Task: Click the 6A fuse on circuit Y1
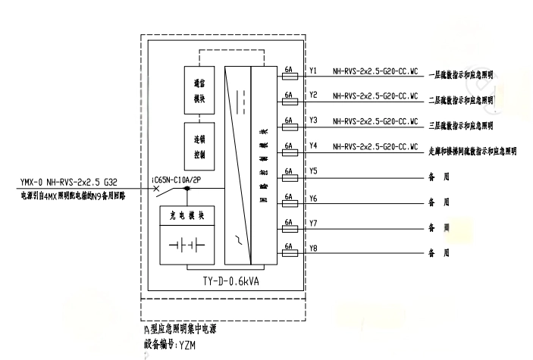click(288, 77)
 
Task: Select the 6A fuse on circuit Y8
click(288, 249)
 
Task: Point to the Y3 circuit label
click(313, 121)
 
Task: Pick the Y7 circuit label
click(313, 223)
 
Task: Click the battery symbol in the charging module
click(187, 246)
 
